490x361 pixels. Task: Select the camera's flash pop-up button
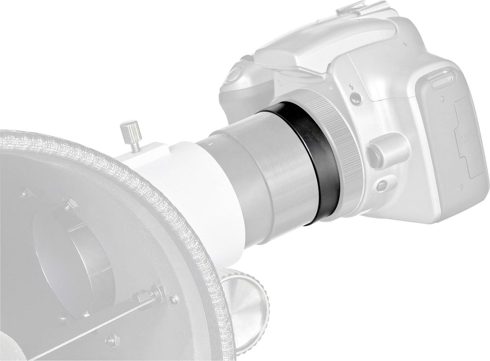[355, 97]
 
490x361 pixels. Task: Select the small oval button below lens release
[382, 185]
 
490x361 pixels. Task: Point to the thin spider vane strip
[98, 315]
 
